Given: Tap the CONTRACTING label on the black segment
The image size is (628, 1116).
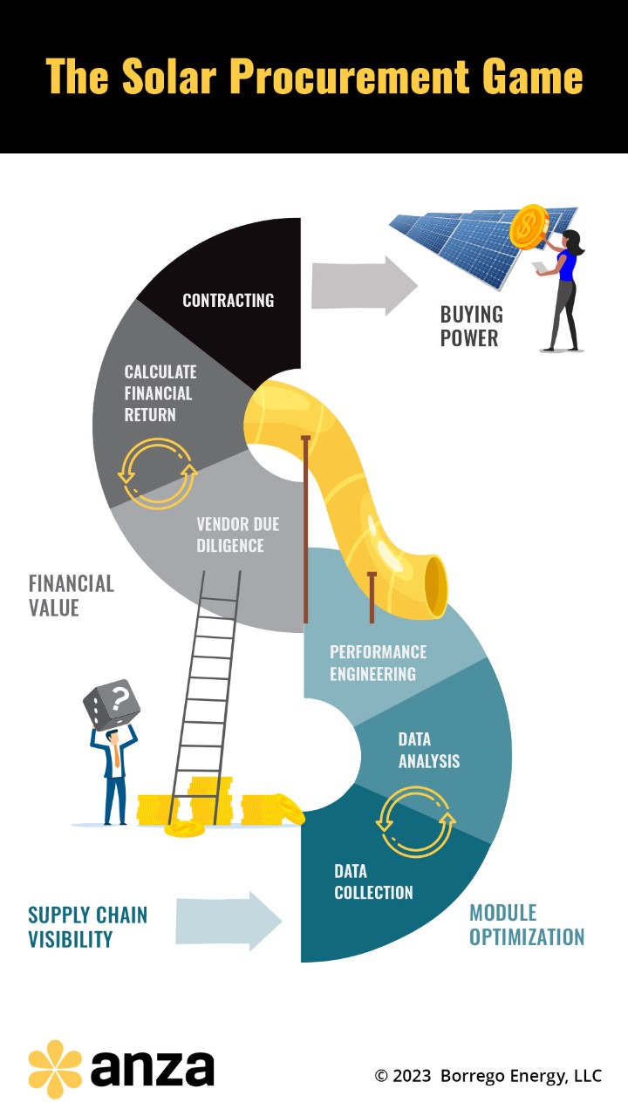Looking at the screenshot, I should (228, 300).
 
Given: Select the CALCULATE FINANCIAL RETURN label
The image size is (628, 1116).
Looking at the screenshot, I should (160, 393).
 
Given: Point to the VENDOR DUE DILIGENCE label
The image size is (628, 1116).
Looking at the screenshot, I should (230, 534).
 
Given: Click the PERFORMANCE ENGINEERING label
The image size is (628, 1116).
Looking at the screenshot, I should (378, 663).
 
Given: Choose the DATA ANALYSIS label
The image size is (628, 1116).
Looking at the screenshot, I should (428, 750).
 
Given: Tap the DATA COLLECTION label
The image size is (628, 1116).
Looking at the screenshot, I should (373, 881).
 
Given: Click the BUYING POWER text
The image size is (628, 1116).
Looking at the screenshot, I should (471, 326).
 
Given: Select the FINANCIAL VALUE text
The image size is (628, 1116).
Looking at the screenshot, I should (71, 595).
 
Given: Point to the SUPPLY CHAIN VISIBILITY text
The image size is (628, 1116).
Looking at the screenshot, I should (87, 927).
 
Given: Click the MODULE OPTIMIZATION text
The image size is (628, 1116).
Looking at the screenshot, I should (527, 925).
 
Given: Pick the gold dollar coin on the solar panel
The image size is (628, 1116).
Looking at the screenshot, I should (528, 227).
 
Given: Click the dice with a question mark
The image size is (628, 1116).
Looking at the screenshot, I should (111, 704).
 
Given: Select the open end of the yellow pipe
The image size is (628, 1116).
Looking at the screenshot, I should (434, 586).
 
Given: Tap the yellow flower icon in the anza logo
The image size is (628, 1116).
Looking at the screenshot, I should (55, 1069).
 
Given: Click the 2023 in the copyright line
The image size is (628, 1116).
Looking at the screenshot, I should (411, 1075).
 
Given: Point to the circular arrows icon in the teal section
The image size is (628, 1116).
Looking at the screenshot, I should (416, 820).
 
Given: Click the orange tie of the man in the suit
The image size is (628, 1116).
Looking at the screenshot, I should (116, 754).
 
